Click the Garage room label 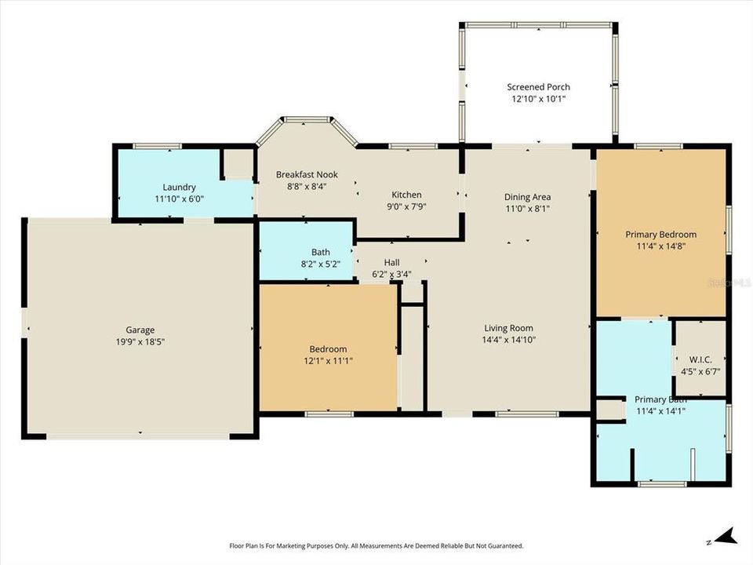tap(141, 330)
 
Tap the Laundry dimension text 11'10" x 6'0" tap(179, 199)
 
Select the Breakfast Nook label tap(305, 174)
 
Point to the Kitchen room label tap(406, 195)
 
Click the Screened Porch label tap(538, 87)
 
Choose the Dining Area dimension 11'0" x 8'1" tap(527, 209)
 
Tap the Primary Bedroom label tap(660, 234)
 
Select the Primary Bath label tap(660, 399)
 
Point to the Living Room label tap(508, 328)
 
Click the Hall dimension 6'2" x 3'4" tap(391, 274)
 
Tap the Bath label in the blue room tap(320, 252)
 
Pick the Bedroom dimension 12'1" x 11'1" tap(328, 361)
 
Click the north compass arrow tap(726, 537)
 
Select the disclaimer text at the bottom tap(376, 545)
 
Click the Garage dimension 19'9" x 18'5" tap(141, 341)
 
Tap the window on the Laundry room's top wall tap(157, 146)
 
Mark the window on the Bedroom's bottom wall tap(329, 414)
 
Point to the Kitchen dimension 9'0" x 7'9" tap(406, 207)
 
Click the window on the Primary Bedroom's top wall tap(658, 146)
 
